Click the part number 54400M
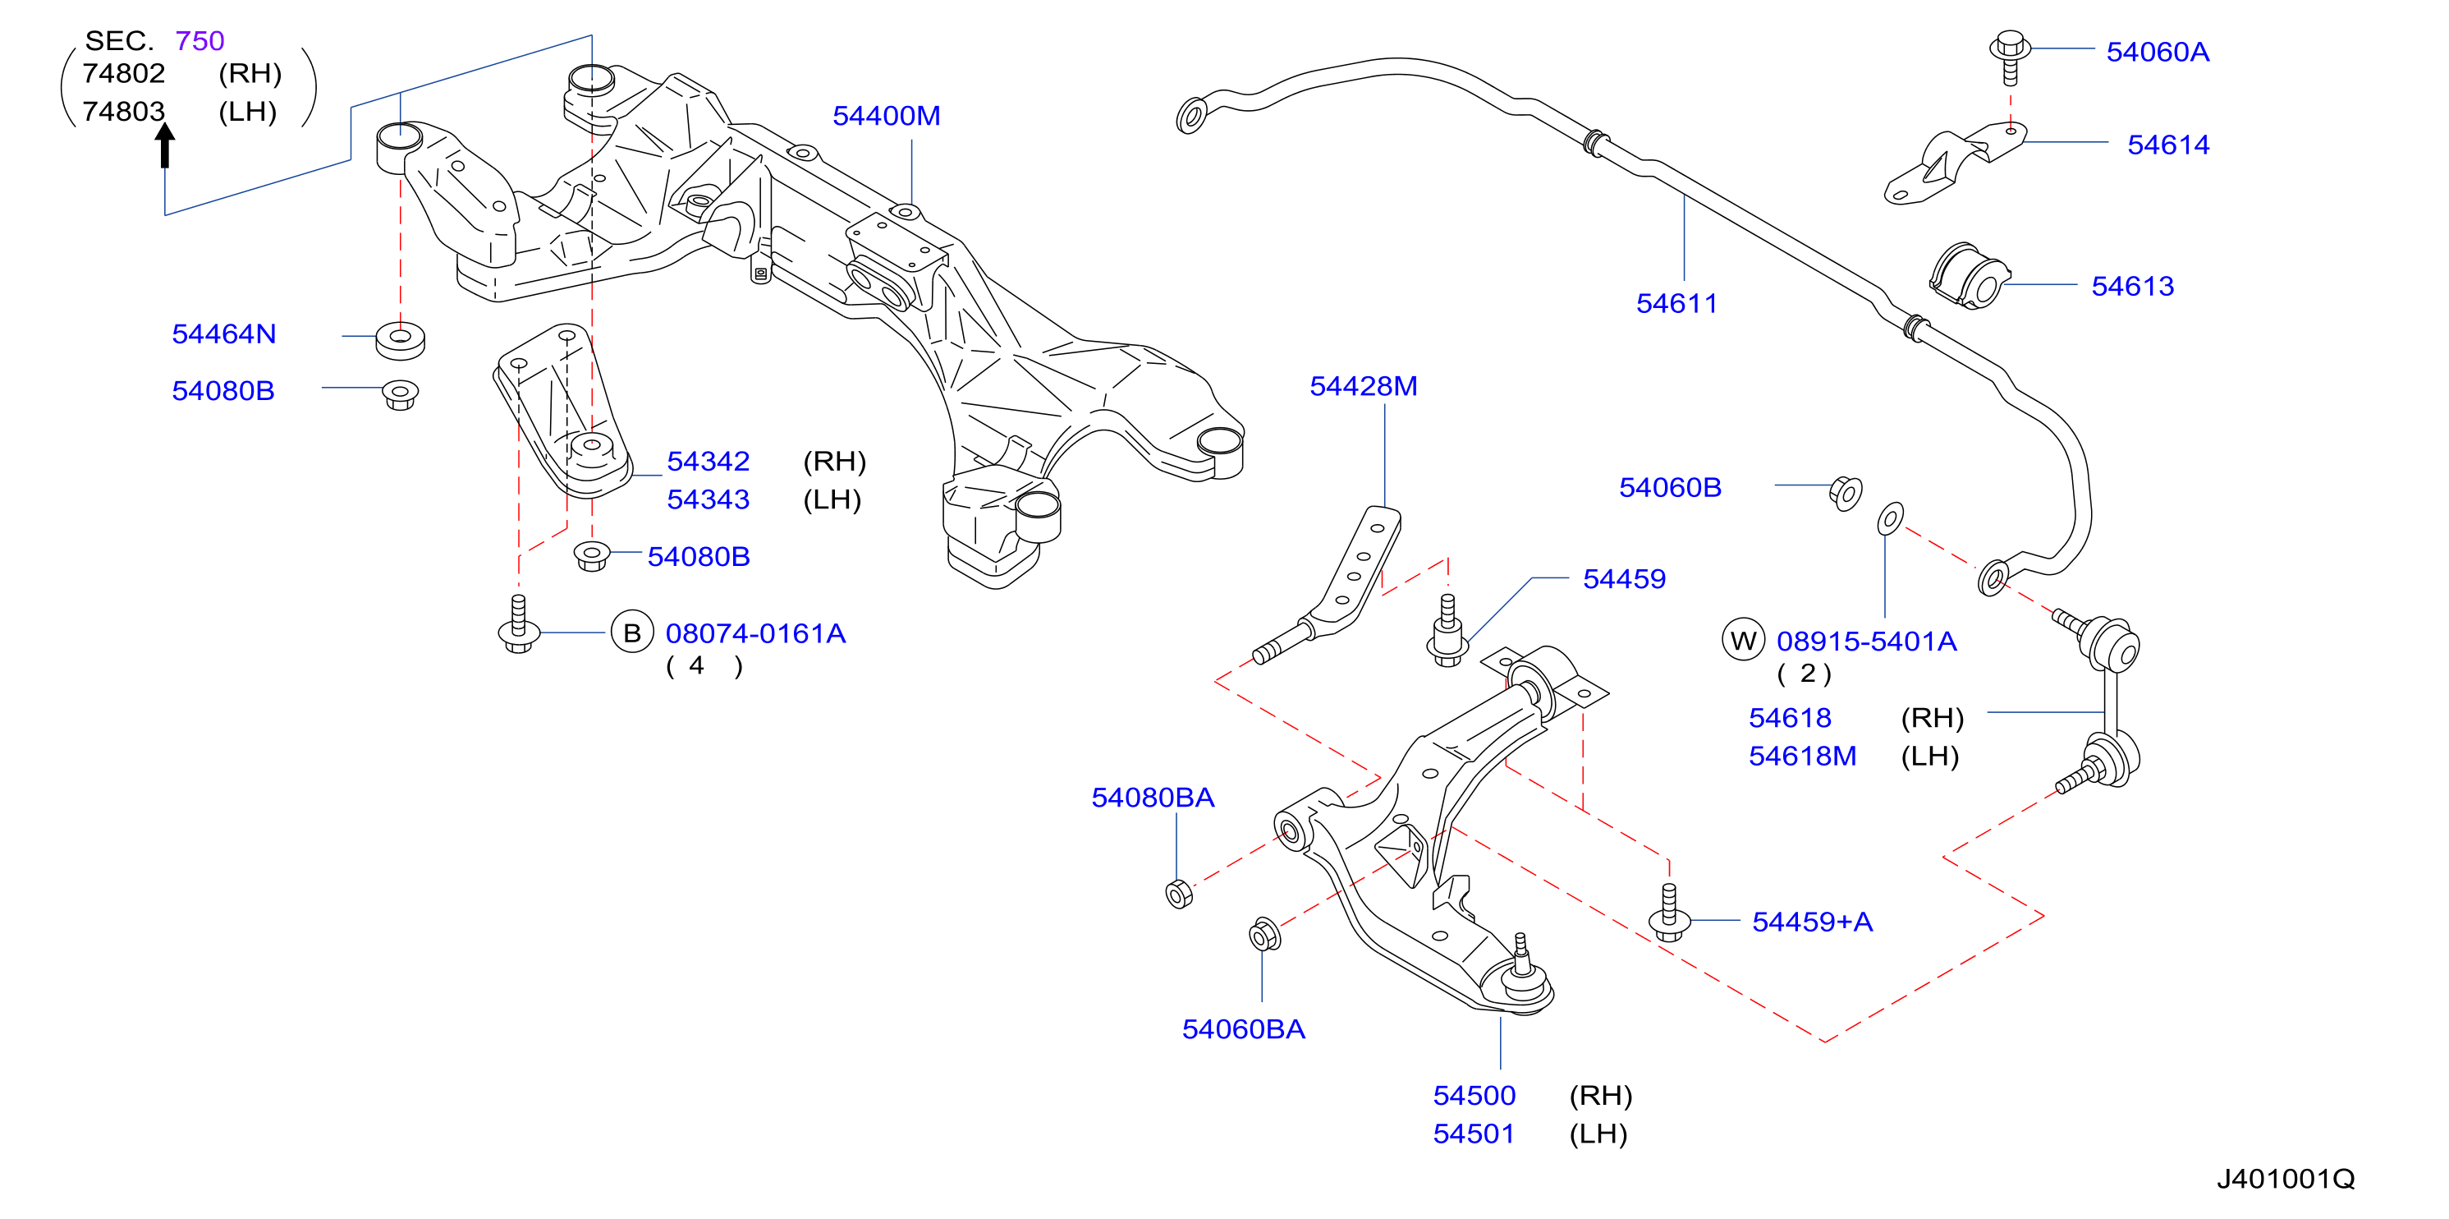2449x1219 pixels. tap(886, 116)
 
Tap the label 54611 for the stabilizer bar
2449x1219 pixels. tap(1676, 303)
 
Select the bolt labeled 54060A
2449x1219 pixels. tap(2010, 57)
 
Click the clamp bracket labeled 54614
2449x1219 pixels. tap(1955, 163)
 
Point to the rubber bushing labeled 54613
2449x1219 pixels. tap(1969, 276)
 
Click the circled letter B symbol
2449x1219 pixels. tap(632, 633)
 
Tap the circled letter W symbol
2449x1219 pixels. tap(1744, 640)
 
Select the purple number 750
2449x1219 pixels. tap(199, 41)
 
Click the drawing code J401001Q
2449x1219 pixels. tap(2286, 1179)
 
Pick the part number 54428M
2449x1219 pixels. tap(1364, 386)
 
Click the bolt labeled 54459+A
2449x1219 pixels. tap(1668, 913)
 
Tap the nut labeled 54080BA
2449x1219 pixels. tap(1179, 894)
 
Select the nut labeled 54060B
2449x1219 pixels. tap(1846, 494)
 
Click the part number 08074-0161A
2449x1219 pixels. tap(754, 633)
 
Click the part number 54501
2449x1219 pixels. tap(1474, 1134)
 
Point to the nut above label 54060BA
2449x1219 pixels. tap(1264, 935)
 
